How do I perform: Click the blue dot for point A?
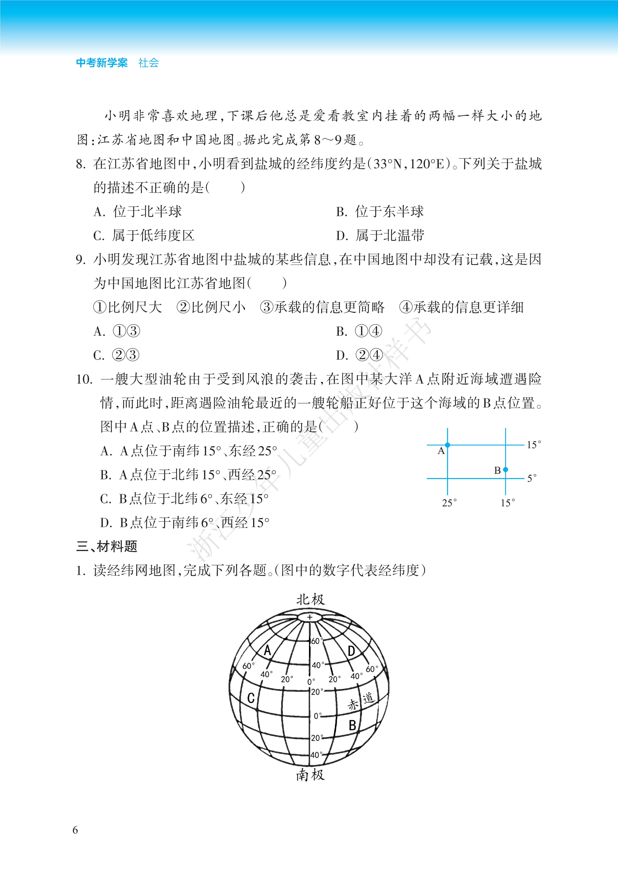point(448,445)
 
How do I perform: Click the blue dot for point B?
point(505,470)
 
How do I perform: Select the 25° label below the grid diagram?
point(449,503)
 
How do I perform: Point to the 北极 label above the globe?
point(310,600)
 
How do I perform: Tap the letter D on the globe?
point(351,651)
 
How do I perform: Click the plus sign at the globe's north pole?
point(310,617)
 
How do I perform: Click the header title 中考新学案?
point(102,63)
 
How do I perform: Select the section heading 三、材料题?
point(107,546)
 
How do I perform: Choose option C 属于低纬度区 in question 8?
point(144,235)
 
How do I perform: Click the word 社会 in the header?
point(149,63)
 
